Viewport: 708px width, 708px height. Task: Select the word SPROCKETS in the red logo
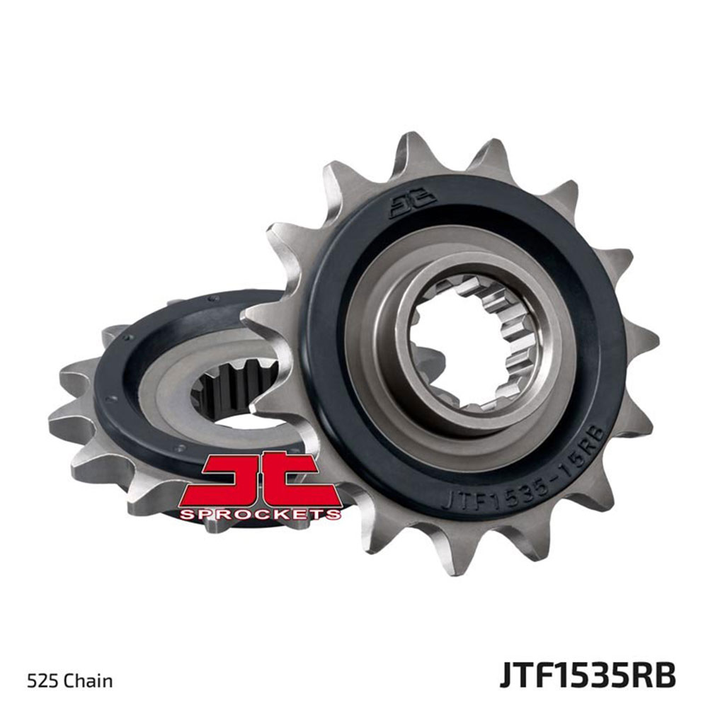click(260, 514)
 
